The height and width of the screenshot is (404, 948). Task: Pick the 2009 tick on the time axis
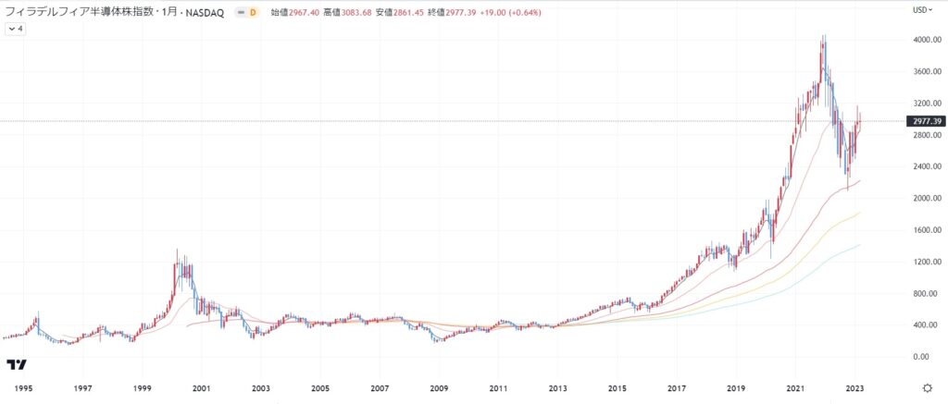439,388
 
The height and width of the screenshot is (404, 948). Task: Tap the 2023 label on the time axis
854,388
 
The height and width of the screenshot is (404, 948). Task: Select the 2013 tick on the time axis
557,388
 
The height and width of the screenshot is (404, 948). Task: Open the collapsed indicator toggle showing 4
16,29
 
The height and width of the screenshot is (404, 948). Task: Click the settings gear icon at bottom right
928,388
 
